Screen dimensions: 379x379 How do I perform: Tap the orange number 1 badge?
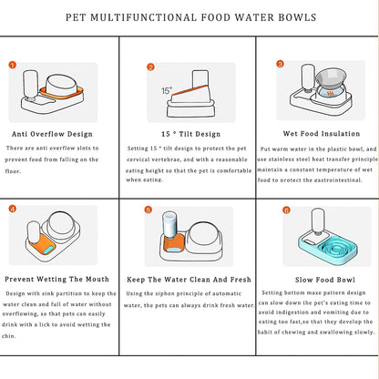pyautogui.click(x=13, y=65)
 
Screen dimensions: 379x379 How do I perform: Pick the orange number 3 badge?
pyautogui.click(x=281, y=64)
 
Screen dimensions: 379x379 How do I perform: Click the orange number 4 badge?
pyautogui.click(x=13, y=209)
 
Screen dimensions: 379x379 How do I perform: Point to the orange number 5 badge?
pyautogui.click(x=149, y=210)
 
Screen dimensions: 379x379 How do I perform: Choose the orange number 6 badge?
pyautogui.click(x=286, y=210)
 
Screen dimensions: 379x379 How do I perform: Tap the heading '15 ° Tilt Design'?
pyautogui.click(x=189, y=133)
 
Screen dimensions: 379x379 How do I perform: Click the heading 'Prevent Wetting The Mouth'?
pyautogui.click(x=56, y=278)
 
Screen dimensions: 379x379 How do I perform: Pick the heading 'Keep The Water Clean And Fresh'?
pyautogui.click(x=189, y=278)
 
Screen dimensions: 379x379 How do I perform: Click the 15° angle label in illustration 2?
pyautogui.click(x=166, y=90)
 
